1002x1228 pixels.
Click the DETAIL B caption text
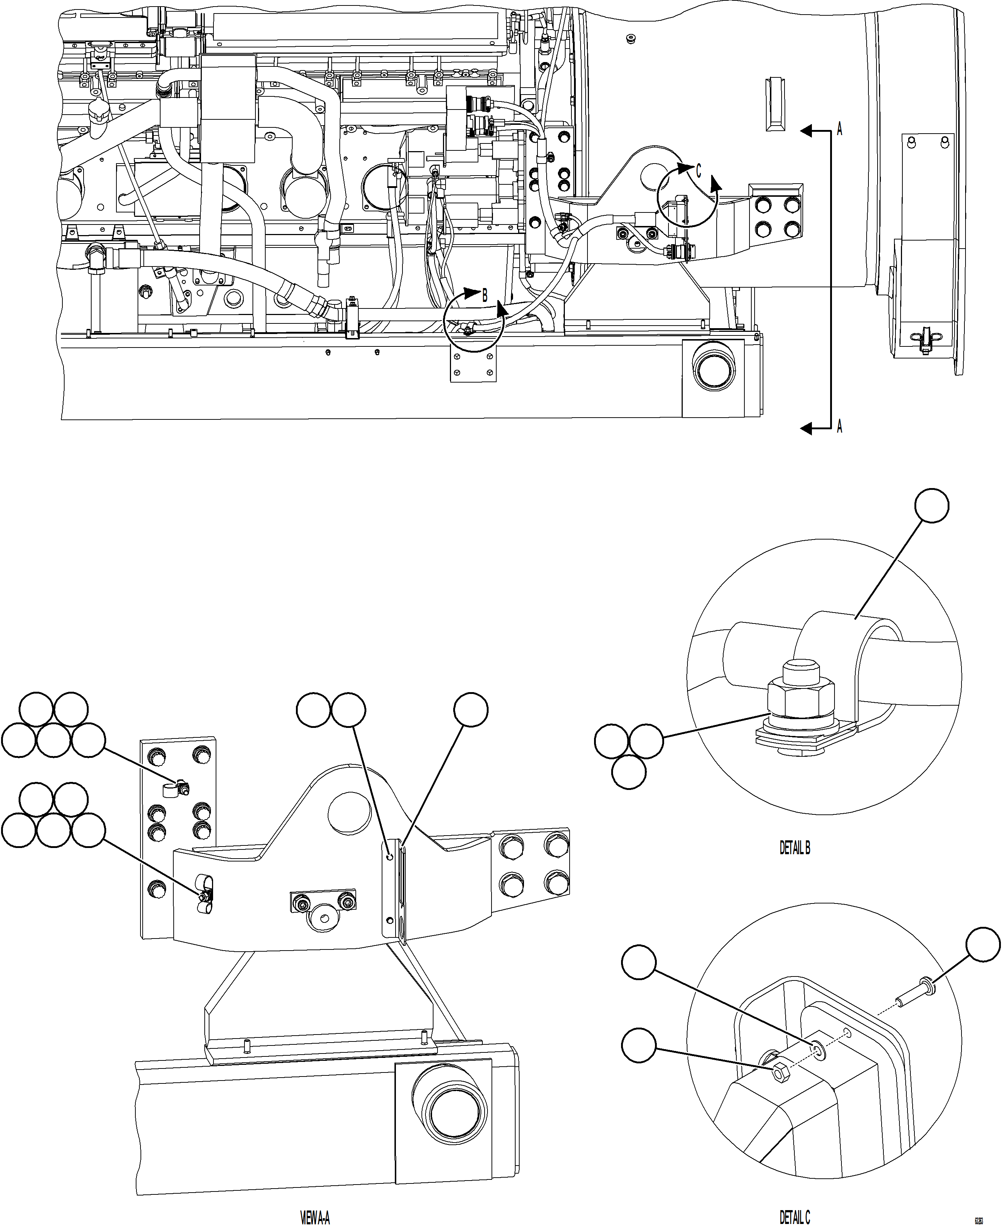(x=795, y=848)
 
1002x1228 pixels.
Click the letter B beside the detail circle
(x=485, y=296)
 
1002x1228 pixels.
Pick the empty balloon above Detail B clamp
(x=932, y=506)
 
